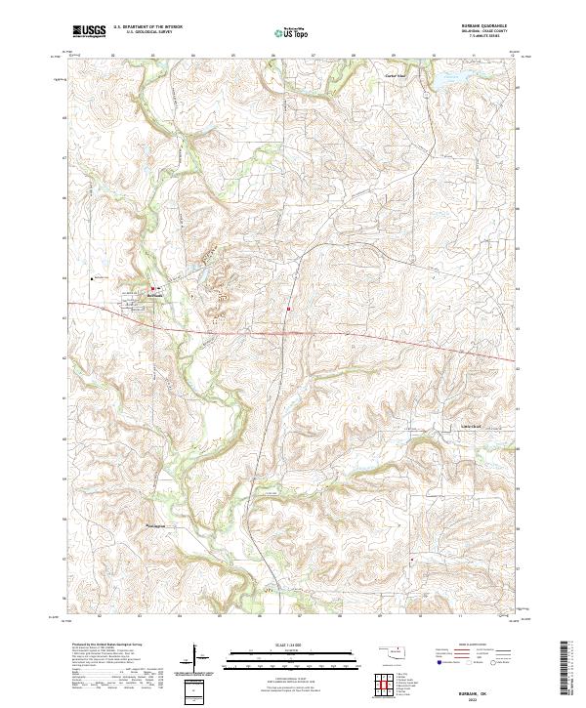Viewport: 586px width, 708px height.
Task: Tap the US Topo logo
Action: tap(292, 32)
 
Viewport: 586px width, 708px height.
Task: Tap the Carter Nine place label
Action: tap(394, 76)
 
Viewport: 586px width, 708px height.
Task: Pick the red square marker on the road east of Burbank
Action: tap(289, 312)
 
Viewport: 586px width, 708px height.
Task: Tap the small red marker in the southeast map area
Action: tap(412, 560)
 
